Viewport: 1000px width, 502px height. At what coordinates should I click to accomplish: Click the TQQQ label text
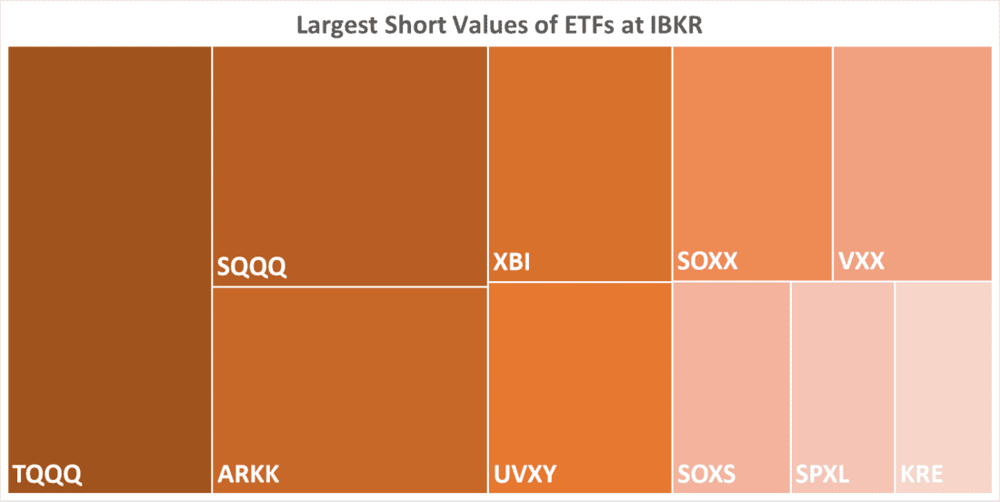point(47,474)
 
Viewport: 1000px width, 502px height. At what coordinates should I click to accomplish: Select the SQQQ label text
point(252,267)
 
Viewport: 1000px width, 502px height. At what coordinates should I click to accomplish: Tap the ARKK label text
point(248,474)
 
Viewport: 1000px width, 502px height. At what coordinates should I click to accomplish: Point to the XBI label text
point(511,264)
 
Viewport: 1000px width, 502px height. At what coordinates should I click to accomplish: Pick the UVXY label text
point(525,474)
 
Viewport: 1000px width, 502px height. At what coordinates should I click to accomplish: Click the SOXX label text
point(707,262)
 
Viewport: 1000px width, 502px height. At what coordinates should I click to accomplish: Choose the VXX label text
point(860,264)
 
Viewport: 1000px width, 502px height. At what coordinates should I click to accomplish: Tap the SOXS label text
point(706,474)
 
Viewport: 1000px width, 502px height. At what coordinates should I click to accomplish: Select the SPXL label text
point(823,474)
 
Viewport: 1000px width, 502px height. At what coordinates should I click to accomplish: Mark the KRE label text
point(922,474)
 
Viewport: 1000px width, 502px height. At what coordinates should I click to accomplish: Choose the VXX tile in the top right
point(912,155)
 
